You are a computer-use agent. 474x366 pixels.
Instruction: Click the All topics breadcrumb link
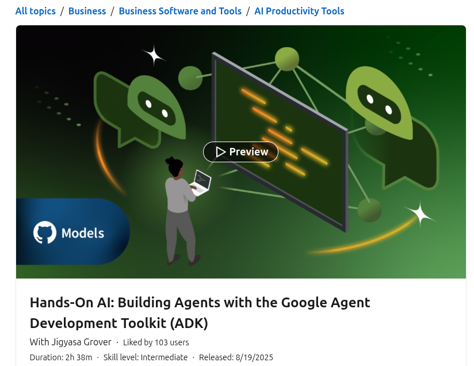coord(35,11)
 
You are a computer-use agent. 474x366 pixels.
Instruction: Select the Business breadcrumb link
coord(87,11)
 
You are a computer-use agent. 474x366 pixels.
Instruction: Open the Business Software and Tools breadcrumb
coord(180,11)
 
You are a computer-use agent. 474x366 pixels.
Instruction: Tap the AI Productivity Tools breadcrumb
coord(299,11)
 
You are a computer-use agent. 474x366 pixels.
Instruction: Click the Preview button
coord(240,152)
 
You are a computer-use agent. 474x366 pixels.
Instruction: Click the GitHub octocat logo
coord(45,232)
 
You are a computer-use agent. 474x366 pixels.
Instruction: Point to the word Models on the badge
coord(83,233)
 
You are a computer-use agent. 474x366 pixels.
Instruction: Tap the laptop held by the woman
coord(201,183)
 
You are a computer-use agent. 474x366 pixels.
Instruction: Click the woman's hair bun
coord(169,161)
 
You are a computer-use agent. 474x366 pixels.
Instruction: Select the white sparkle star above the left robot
coord(154,56)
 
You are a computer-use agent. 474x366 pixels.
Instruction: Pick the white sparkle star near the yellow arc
coord(420,213)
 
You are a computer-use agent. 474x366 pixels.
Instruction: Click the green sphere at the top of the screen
coord(287,59)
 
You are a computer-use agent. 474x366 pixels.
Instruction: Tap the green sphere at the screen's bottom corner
coord(369,210)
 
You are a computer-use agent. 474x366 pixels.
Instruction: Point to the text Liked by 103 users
coord(156,342)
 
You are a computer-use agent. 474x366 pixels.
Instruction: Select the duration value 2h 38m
coord(79,357)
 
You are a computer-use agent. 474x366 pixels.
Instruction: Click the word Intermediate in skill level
coord(164,357)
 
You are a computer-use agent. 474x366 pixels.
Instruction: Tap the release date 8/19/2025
coord(254,357)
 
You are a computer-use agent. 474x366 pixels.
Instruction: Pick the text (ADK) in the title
coord(189,323)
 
